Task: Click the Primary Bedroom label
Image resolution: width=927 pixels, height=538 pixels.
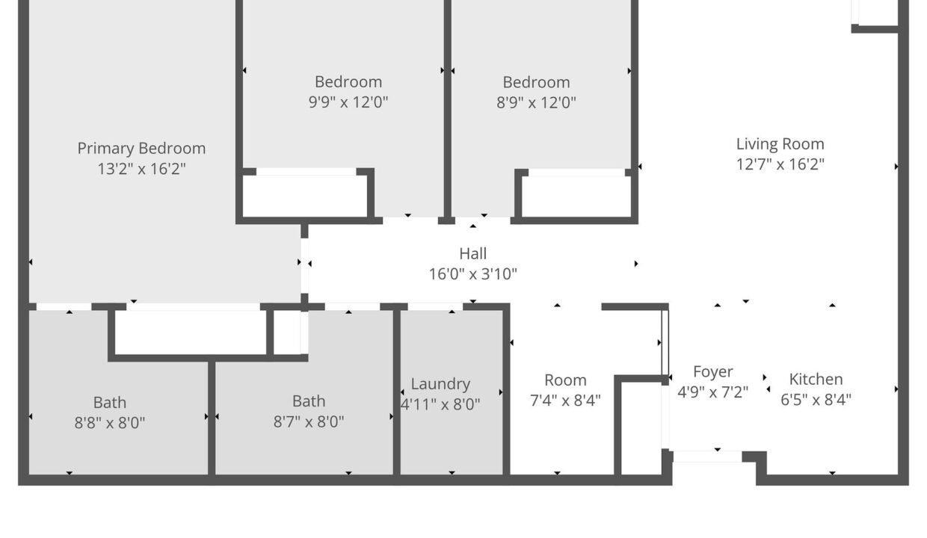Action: pyautogui.click(x=141, y=149)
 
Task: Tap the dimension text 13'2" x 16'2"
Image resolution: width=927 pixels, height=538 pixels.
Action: pyautogui.click(x=141, y=169)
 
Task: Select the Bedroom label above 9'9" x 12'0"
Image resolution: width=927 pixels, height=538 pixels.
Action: pyautogui.click(x=348, y=82)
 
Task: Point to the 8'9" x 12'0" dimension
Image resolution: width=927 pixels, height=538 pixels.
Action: pyautogui.click(x=536, y=102)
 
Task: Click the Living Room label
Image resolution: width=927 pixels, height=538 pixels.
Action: pyautogui.click(x=780, y=144)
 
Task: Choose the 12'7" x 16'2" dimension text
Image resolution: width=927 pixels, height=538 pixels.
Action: pyautogui.click(x=780, y=164)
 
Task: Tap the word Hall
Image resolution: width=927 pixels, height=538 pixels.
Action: pyautogui.click(x=473, y=253)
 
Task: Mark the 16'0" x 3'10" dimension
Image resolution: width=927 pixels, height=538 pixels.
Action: pyautogui.click(x=473, y=273)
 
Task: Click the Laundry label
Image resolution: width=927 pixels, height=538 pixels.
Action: pyautogui.click(x=440, y=384)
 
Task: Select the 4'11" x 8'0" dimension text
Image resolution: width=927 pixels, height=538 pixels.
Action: pyautogui.click(x=440, y=404)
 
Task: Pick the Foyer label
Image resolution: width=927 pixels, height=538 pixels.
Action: pyautogui.click(x=712, y=372)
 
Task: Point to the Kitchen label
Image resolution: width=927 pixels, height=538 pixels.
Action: pyautogui.click(x=816, y=379)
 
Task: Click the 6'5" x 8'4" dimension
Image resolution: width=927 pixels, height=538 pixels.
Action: pyautogui.click(x=816, y=400)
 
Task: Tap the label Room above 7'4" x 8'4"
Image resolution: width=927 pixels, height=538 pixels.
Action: pyautogui.click(x=565, y=380)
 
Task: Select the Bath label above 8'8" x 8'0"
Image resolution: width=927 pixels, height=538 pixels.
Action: pyautogui.click(x=110, y=402)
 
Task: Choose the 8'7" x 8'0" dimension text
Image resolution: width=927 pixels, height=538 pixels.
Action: pyautogui.click(x=309, y=421)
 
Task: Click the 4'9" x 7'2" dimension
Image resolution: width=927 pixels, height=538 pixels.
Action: pyautogui.click(x=712, y=392)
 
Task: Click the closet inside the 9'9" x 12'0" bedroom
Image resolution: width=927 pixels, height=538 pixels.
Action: pyautogui.click(x=305, y=196)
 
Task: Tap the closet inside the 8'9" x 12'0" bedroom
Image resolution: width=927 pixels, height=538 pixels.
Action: pyautogui.click(x=576, y=196)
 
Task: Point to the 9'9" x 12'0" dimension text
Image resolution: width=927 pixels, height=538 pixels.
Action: pyautogui.click(x=348, y=102)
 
